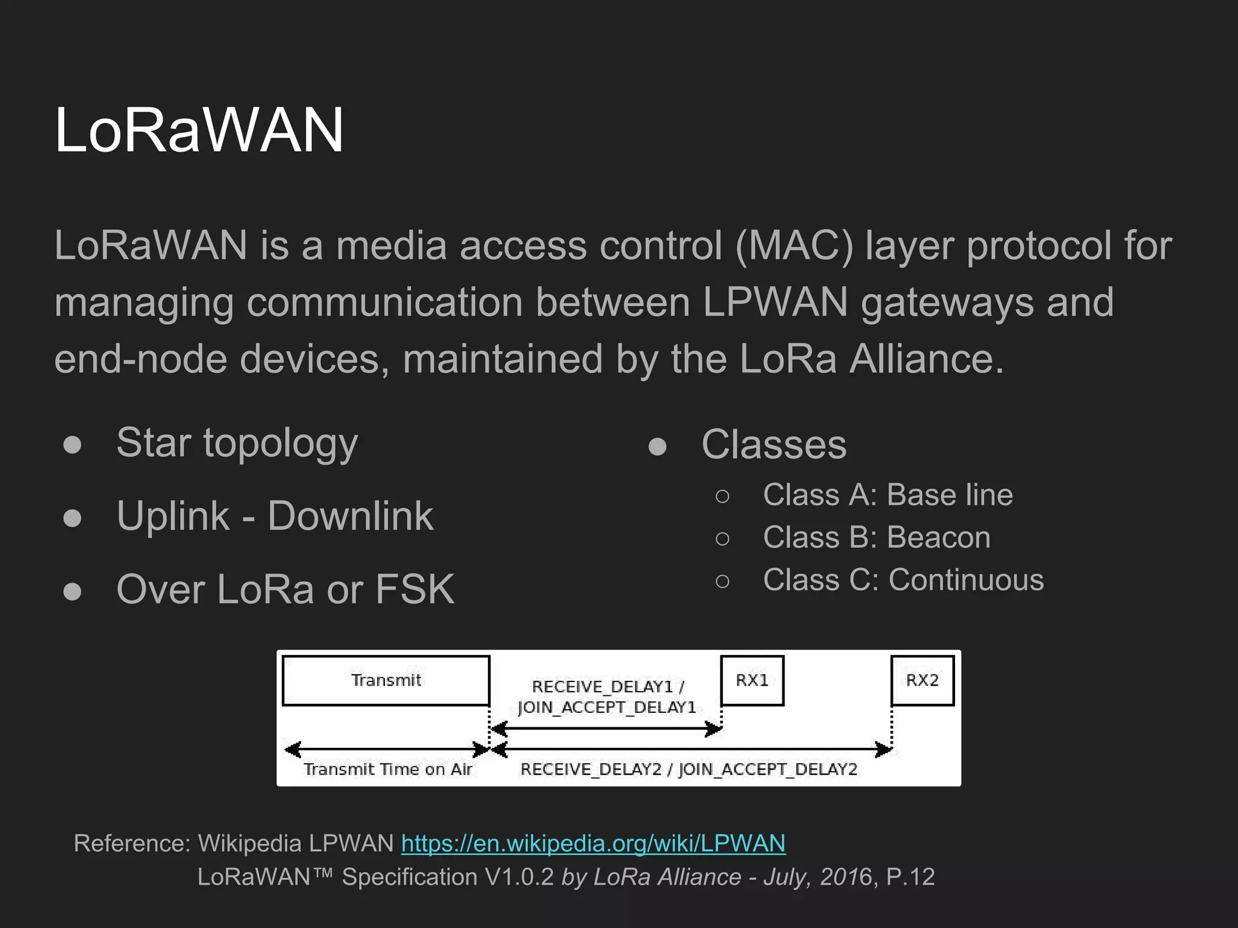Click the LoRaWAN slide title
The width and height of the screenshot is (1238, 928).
pyautogui.click(x=199, y=130)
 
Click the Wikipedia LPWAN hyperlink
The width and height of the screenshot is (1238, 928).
pyautogui.click(x=593, y=843)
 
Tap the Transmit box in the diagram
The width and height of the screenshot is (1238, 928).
pyautogui.click(x=386, y=680)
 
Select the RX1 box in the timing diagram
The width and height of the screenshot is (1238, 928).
pyautogui.click(x=752, y=680)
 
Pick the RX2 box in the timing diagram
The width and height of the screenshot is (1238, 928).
pyautogui.click(x=922, y=680)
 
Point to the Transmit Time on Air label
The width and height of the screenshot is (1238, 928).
pyautogui.click(x=387, y=769)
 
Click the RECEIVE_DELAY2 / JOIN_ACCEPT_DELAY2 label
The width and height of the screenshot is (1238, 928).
pyautogui.click(x=689, y=769)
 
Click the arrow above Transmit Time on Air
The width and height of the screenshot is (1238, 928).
pyautogui.click(x=387, y=750)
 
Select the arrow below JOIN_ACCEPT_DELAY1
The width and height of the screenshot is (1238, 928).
pyautogui.click(x=606, y=729)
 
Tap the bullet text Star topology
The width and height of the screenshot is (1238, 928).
pyautogui.click(x=237, y=443)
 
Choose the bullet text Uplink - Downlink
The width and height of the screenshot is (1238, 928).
pyautogui.click(x=275, y=517)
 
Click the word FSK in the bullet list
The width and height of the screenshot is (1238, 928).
pyautogui.click(x=415, y=589)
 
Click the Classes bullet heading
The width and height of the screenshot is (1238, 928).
pyautogui.click(x=774, y=445)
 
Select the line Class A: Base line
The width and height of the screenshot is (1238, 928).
pyautogui.click(x=887, y=495)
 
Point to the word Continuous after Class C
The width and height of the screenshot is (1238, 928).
pyautogui.click(x=966, y=580)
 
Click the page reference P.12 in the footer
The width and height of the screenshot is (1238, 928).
pyautogui.click(x=910, y=877)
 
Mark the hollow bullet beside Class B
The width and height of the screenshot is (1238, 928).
pyautogui.click(x=722, y=538)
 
